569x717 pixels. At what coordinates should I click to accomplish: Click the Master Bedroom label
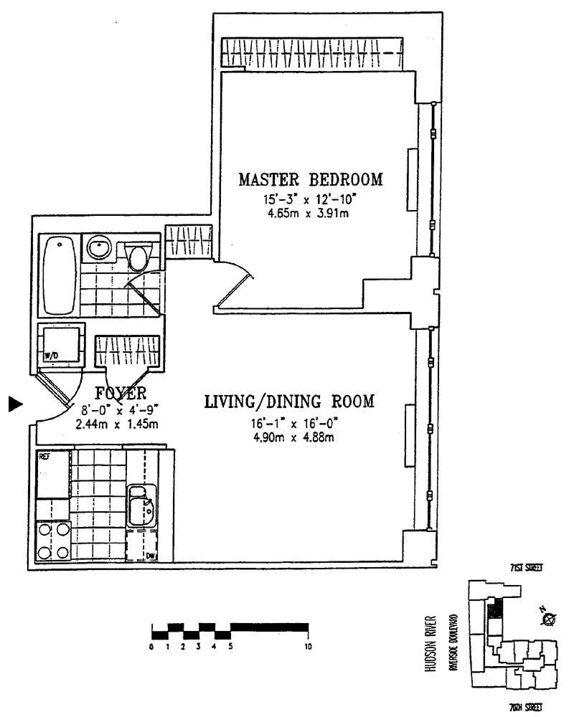[311, 179]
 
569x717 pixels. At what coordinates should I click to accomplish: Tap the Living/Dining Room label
[289, 402]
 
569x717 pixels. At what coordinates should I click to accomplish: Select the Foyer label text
[121, 393]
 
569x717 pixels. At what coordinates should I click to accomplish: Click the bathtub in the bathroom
[59, 275]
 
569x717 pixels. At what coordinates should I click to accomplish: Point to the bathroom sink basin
[98, 250]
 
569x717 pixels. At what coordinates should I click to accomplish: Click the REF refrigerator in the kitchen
[53, 473]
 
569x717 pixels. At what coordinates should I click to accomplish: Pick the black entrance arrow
[15, 405]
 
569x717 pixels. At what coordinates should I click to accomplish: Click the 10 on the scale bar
[308, 647]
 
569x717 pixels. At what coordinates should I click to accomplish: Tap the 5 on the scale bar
[230, 647]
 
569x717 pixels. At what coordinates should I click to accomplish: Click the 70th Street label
[525, 707]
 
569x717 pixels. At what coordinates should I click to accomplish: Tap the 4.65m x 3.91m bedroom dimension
[311, 213]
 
